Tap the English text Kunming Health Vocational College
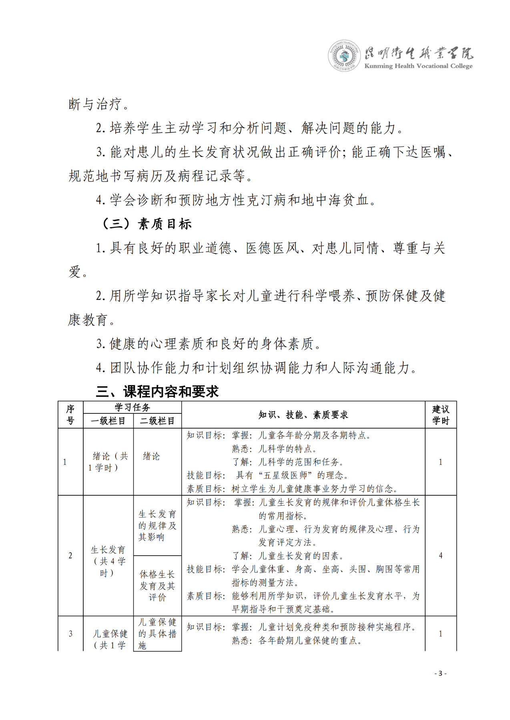(x=418, y=66)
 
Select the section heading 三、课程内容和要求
(x=157, y=391)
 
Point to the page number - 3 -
(x=440, y=673)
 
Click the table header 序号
(x=70, y=415)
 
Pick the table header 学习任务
(x=132, y=407)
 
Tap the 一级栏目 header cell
(x=108, y=421)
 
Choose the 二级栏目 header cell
(x=157, y=421)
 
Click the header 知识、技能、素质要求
(x=303, y=415)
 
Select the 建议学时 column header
(x=440, y=415)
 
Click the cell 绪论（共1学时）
(x=108, y=462)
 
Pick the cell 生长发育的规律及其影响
(x=157, y=526)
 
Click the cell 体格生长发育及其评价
(x=157, y=586)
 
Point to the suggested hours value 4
(x=440, y=555)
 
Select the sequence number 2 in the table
(x=70, y=555)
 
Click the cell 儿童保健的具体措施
(x=157, y=634)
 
